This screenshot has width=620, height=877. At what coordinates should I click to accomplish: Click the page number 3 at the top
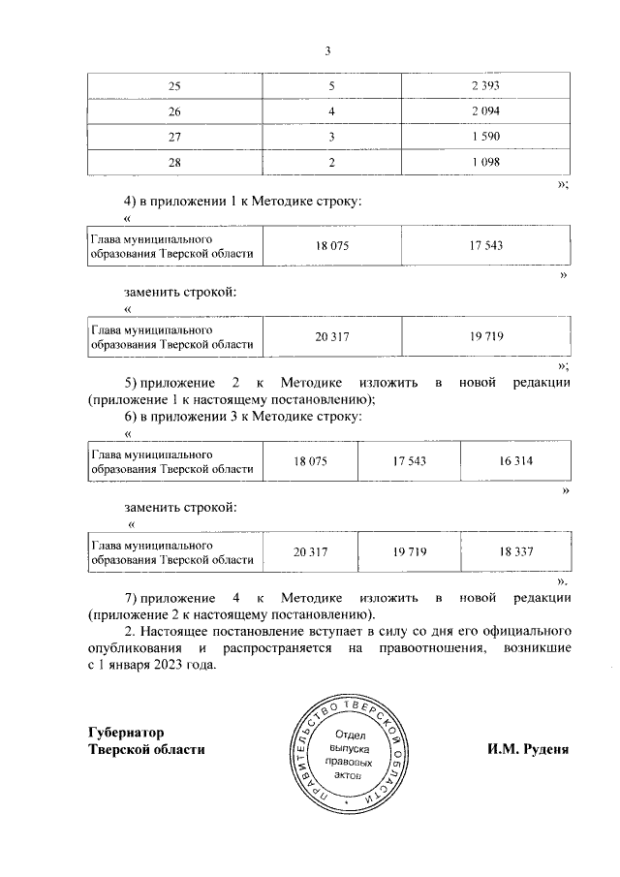(327, 52)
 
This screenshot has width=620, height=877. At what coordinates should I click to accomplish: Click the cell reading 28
(174, 163)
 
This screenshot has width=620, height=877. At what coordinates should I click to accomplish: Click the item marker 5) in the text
(132, 382)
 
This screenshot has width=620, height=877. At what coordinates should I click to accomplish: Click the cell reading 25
(174, 87)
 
